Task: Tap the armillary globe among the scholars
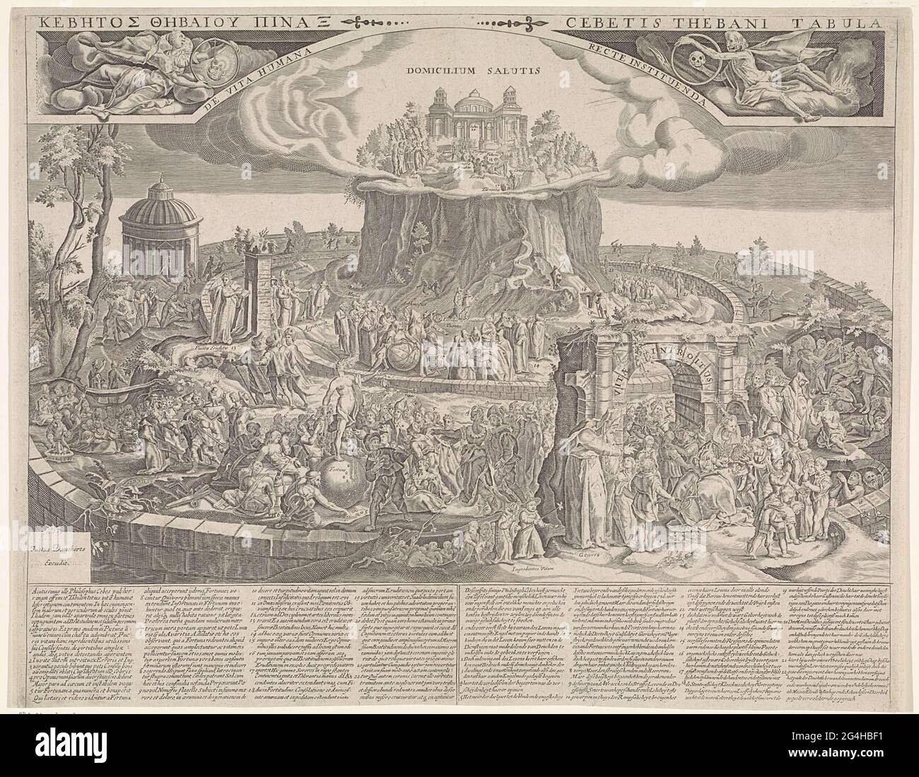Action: point(398,351)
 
